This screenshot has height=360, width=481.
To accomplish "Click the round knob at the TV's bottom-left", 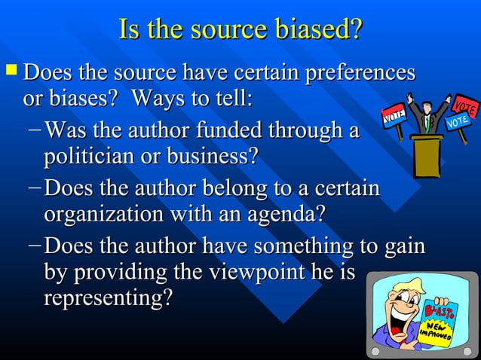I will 374,352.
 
